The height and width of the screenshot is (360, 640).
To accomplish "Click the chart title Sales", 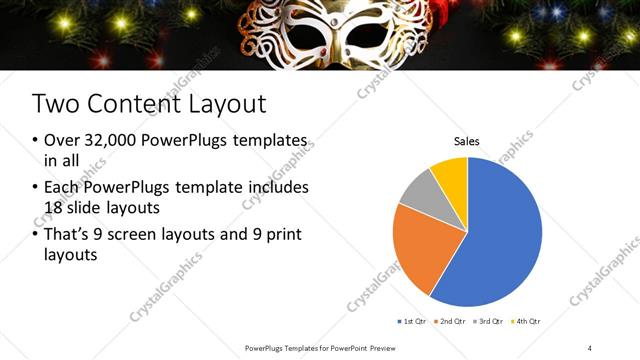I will point(467,142).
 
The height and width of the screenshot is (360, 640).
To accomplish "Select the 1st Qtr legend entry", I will point(414,321).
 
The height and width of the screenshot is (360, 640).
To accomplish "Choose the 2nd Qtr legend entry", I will point(452,321).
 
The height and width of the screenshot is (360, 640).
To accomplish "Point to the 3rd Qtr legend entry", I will point(489,321).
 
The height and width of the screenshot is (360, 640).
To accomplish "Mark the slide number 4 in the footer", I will point(590,348).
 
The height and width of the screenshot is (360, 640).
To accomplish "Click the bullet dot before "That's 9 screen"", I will point(37,235).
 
